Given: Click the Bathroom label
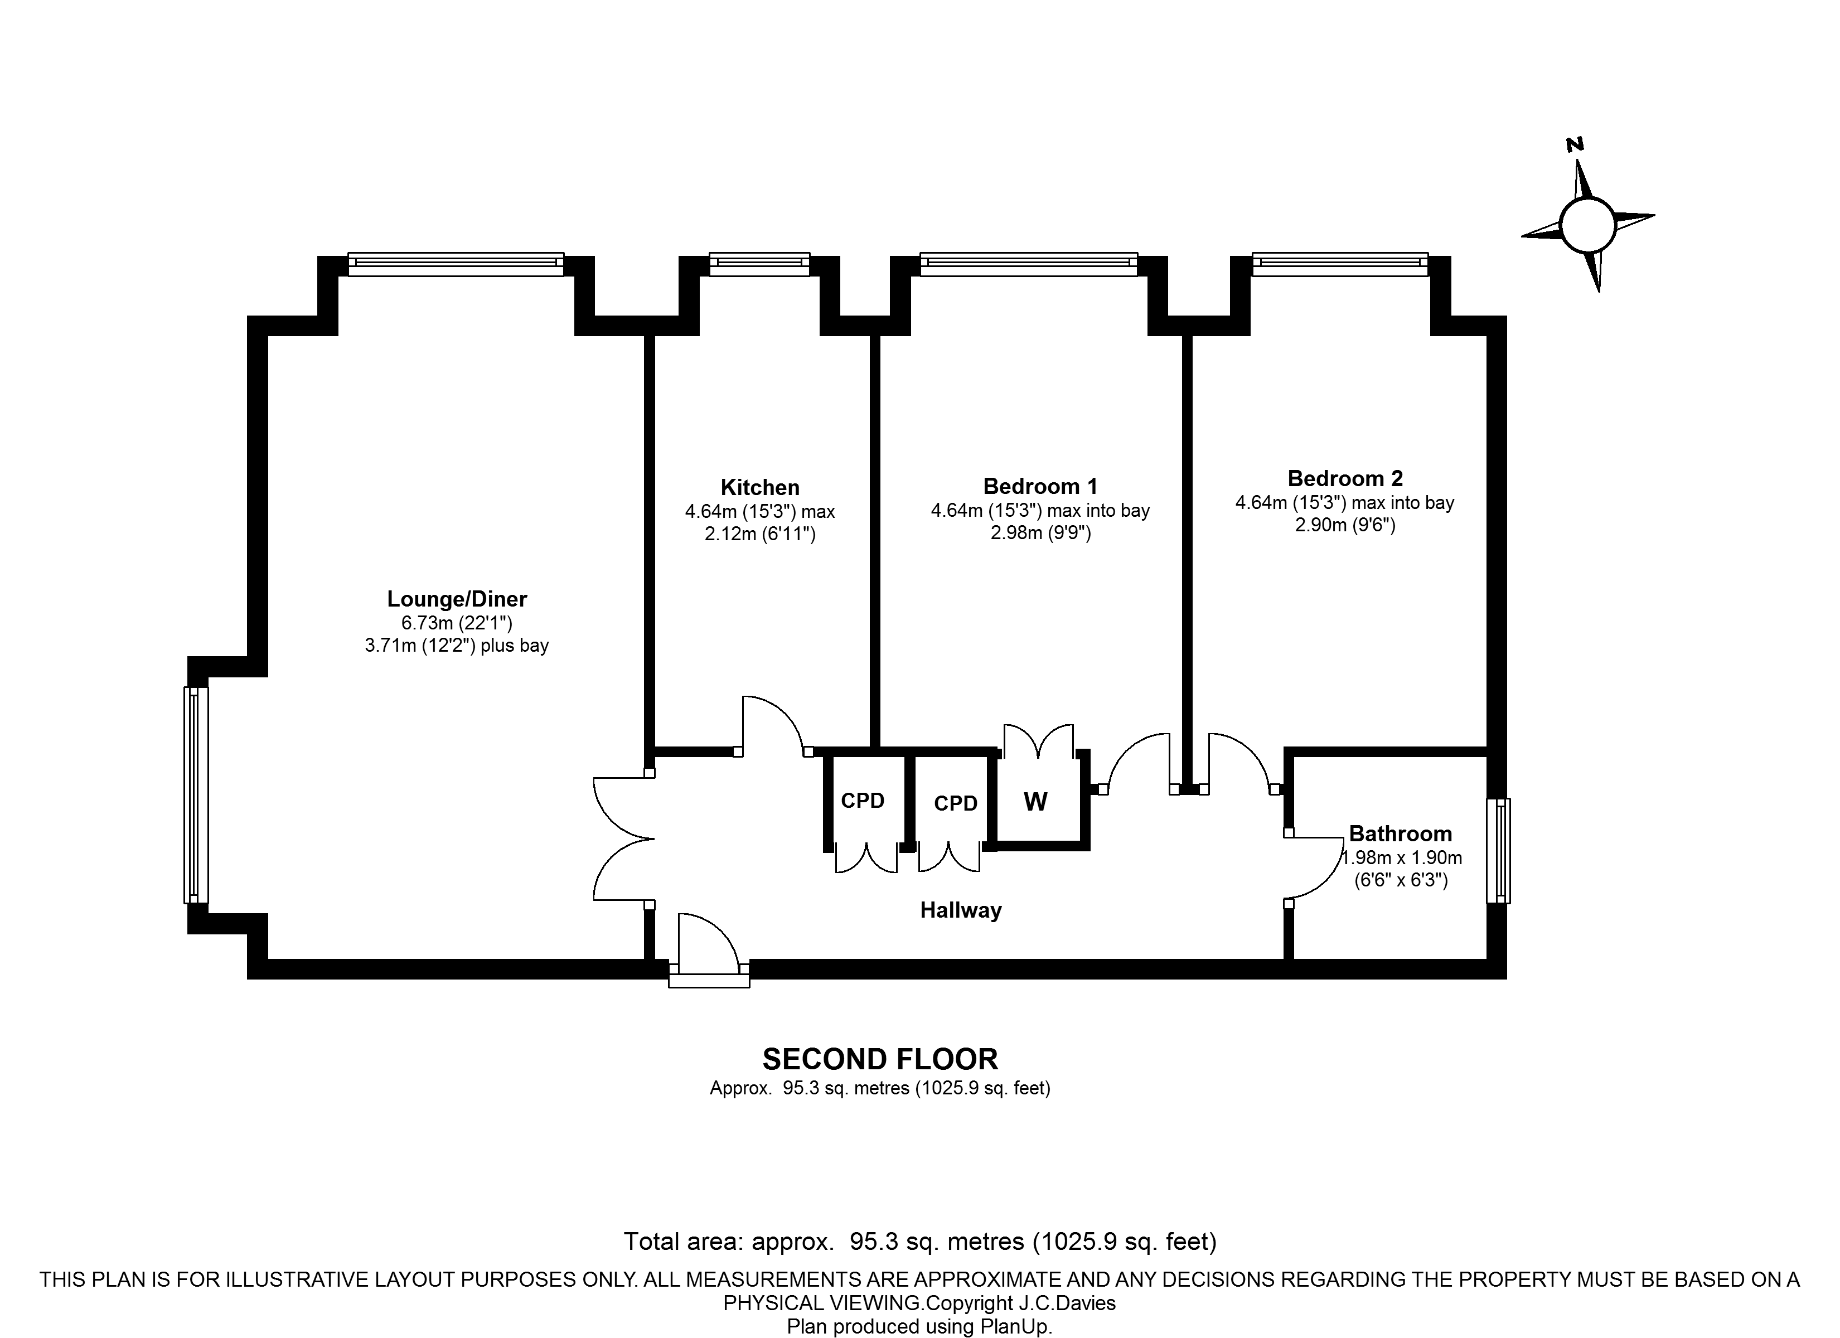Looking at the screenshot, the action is click(x=1400, y=833).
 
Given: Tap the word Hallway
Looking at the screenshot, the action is click(x=961, y=910).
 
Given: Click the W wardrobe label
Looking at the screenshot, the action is click(x=1036, y=802).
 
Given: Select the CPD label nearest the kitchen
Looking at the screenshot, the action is click(x=863, y=801).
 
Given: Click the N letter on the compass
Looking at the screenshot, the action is click(x=1575, y=144).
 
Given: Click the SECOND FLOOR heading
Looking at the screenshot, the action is click(x=880, y=1060).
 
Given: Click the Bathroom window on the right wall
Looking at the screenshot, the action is click(x=1498, y=851).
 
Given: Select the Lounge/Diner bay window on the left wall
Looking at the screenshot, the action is click(x=196, y=795).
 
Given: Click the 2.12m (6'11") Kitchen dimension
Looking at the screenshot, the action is click(x=760, y=534).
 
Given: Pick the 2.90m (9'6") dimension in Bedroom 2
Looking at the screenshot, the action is click(x=1345, y=525).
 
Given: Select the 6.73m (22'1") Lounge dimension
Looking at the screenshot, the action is click(x=457, y=623).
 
